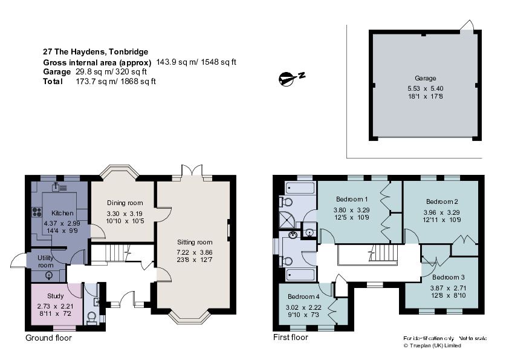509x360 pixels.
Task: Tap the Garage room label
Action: [x=425, y=78]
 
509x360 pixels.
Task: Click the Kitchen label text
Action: [x=62, y=214]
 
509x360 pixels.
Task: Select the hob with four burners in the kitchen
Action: [x=36, y=212]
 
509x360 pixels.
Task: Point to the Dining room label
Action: [x=125, y=203]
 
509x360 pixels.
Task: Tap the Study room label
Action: [x=55, y=296]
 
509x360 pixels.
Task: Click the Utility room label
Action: [x=47, y=261]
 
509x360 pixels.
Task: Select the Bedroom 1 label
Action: [x=352, y=200]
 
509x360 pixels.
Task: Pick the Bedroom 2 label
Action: [x=442, y=201]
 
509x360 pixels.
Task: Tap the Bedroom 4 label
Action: [x=303, y=297]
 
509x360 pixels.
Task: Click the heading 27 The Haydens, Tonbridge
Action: [x=95, y=52]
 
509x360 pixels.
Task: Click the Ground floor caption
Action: [x=48, y=338]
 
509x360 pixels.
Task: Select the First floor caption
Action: [x=290, y=338]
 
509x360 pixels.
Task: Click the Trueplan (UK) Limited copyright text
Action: [x=432, y=345]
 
